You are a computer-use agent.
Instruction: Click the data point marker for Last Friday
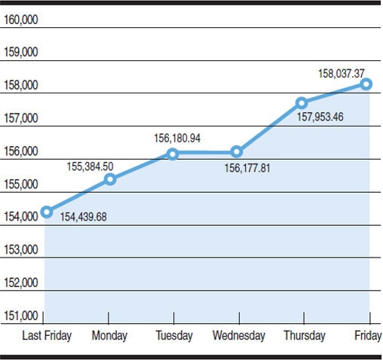pyautogui.click(x=47, y=212)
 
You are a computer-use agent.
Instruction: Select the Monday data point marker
pyautogui.click(x=110, y=178)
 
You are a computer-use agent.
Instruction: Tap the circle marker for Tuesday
pyautogui.click(x=173, y=154)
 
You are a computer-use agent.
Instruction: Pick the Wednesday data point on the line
pyautogui.click(x=237, y=151)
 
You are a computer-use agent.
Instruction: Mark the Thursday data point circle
pyautogui.click(x=302, y=102)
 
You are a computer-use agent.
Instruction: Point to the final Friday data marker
pyautogui.click(x=366, y=84)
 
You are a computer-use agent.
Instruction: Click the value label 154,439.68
pyautogui.click(x=83, y=218)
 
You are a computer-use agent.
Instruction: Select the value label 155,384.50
pyautogui.click(x=90, y=166)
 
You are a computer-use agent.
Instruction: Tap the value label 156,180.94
pyautogui.click(x=177, y=139)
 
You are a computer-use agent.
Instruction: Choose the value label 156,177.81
pyautogui.click(x=247, y=167)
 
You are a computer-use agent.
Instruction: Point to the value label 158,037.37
pyautogui.click(x=342, y=74)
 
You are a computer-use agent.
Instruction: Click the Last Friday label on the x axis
pyautogui.click(x=47, y=335)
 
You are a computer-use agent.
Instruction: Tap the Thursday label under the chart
pyautogui.click(x=305, y=335)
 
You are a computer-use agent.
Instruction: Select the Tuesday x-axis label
pyautogui.click(x=173, y=335)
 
